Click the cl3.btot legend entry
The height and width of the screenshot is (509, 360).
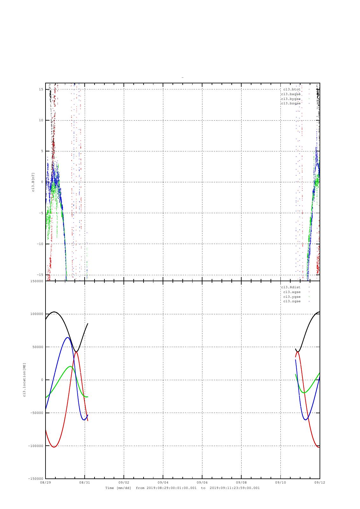[x=292, y=89]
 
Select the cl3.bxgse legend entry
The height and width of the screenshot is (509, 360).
[x=291, y=94]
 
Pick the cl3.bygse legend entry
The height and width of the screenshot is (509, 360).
[x=291, y=99]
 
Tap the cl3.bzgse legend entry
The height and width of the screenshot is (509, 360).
[x=291, y=103]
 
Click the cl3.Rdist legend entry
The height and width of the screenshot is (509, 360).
[x=291, y=287]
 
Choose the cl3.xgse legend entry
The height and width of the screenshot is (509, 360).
[x=292, y=292]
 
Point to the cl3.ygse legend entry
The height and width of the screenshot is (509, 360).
[x=292, y=297]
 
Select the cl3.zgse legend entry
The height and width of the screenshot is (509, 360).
[x=292, y=301]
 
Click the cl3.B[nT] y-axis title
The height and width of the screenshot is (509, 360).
[x=33, y=182]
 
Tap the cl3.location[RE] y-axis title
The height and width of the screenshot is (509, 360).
[x=24, y=380]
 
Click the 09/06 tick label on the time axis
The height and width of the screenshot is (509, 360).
[x=202, y=482]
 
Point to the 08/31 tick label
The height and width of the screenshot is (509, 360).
[x=85, y=482]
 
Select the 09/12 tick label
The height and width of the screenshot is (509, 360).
[x=320, y=482]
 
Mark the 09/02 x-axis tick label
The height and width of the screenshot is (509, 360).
[x=124, y=482]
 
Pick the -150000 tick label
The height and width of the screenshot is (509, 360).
[x=35, y=479]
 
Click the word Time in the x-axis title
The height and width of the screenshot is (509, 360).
[x=109, y=488]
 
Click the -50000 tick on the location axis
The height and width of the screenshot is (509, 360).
[x=36, y=413]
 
